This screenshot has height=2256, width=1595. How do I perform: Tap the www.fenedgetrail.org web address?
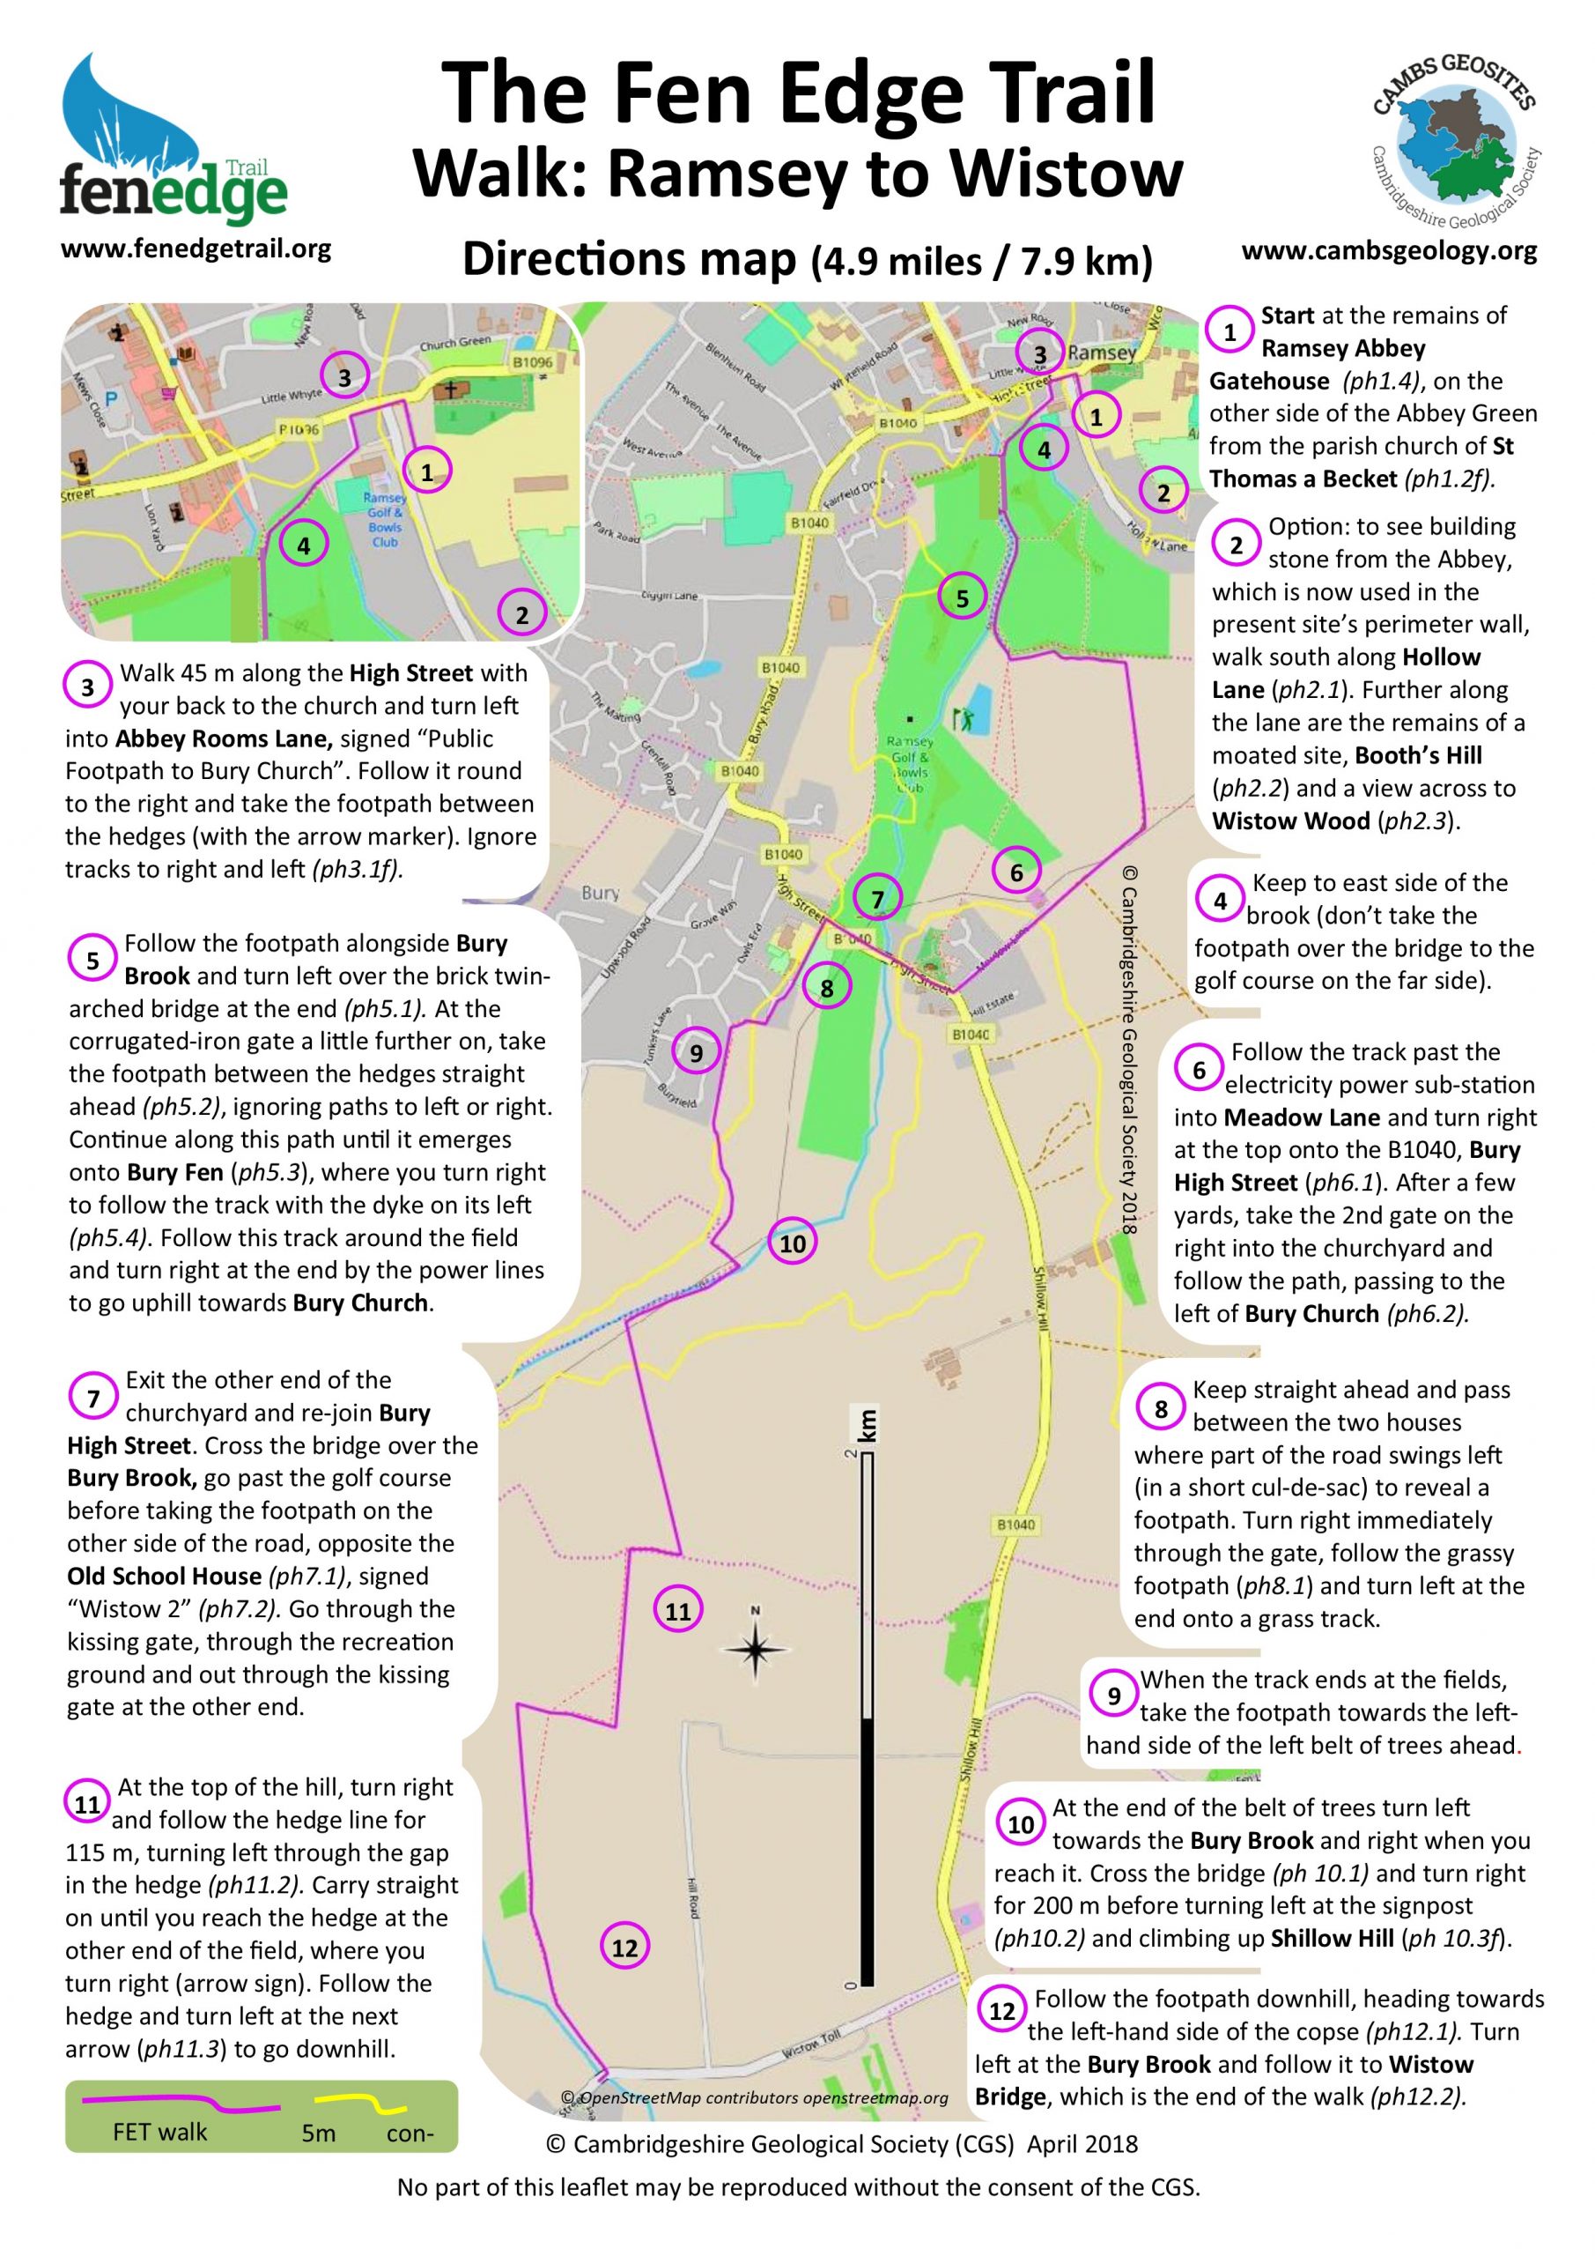coord(196,248)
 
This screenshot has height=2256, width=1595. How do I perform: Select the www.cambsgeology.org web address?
coord(1389,250)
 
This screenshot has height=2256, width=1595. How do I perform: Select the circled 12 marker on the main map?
coord(624,1948)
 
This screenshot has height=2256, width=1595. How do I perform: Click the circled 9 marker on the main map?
coord(696,1054)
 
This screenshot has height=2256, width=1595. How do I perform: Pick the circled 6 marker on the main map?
coord(1015,872)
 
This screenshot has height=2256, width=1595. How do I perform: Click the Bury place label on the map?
coord(600,894)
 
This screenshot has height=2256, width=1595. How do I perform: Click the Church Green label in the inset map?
coord(454,343)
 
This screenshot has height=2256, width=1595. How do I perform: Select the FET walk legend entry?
coord(160,2131)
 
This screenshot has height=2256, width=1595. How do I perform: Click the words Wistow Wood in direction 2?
coord(1290,820)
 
